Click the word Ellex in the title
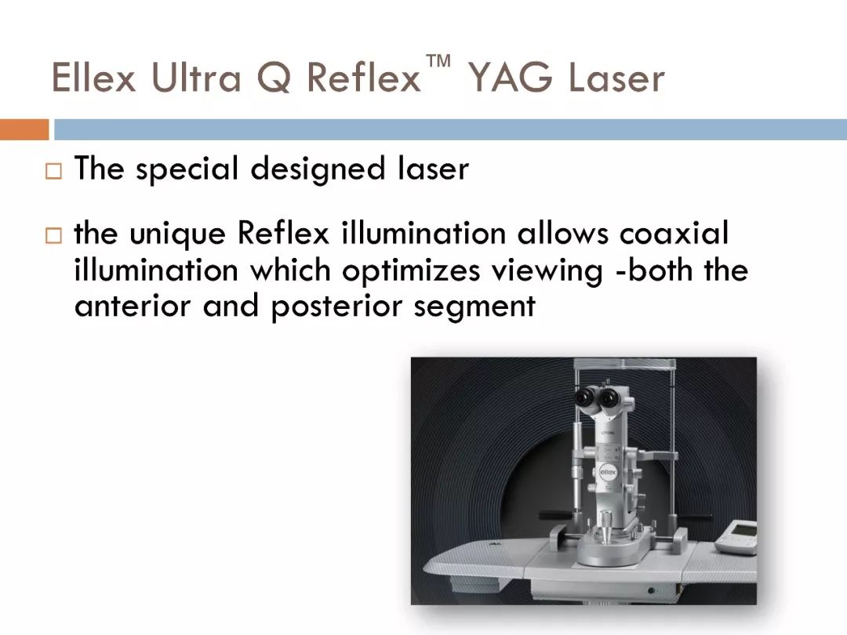tap(93, 77)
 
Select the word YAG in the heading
tap(511, 77)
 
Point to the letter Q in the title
tap(274, 78)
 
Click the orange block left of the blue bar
tap(24, 129)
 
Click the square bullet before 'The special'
tap(53, 171)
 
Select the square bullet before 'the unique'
tap(53, 236)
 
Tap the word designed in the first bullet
tap(318, 169)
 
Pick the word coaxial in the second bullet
tap(674, 234)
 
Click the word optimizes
tap(411, 271)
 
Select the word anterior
tap(133, 306)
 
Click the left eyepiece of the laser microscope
tap(584, 398)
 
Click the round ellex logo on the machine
tap(608, 472)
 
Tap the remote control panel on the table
tap(736, 537)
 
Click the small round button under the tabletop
tap(652, 590)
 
